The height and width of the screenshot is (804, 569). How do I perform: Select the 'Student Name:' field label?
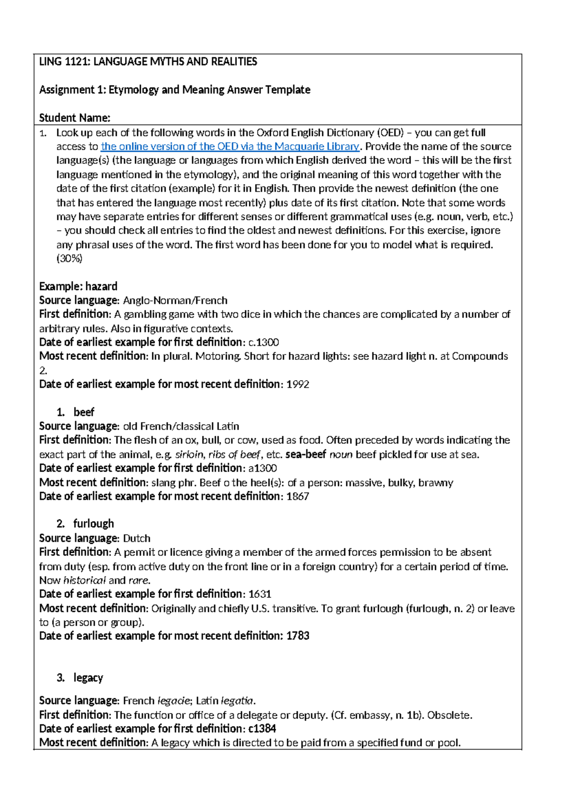pyautogui.click(x=74, y=118)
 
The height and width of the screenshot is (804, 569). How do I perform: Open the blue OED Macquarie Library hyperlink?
pyautogui.click(x=230, y=146)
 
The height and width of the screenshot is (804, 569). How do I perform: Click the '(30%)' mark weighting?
pyautogui.click(x=69, y=258)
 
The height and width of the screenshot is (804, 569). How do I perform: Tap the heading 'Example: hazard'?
pyautogui.click(x=78, y=286)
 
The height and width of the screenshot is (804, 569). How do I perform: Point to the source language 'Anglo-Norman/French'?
pyautogui.click(x=175, y=301)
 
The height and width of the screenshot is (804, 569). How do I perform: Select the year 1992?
pyautogui.click(x=298, y=384)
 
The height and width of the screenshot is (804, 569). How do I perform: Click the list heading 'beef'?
pyautogui.click(x=84, y=412)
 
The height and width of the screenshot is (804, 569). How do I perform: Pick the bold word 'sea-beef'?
pyautogui.click(x=305, y=455)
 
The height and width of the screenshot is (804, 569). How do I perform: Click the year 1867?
pyautogui.click(x=298, y=496)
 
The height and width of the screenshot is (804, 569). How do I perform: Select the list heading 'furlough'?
pyautogui.click(x=93, y=524)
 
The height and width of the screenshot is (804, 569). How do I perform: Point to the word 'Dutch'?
pyautogui.click(x=137, y=539)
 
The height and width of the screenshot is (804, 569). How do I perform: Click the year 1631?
pyautogui.click(x=260, y=594)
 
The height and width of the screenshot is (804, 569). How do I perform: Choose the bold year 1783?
pyautogui.click(x=298, y=636)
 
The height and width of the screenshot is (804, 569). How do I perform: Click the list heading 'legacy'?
pyautogui.click(x=88, y=678)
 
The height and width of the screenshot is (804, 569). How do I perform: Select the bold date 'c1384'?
pyautogui.click(x=262, y=729)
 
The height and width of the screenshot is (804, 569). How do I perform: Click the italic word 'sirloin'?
pyautogui.click(x=189, y=455)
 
